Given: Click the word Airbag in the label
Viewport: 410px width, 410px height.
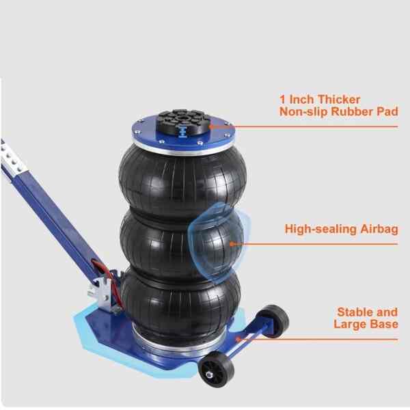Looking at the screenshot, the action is coord(379,230).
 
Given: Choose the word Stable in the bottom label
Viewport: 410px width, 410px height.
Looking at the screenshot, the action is coord(353,312).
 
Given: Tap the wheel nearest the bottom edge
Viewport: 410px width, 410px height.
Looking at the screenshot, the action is coord(216,369).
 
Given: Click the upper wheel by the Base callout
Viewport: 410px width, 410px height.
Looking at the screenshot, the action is coord(274,320).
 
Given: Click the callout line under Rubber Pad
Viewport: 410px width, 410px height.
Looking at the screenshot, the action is coord(304,127).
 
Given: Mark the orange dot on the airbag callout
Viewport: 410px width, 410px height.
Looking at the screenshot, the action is coord(231,244).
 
